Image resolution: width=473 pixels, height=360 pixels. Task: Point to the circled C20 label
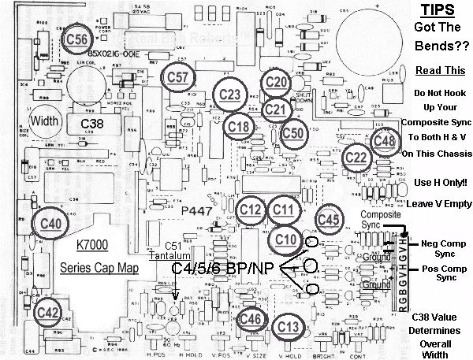276,81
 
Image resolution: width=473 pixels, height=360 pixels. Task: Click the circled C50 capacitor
294,132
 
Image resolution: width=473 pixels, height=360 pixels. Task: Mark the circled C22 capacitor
357,157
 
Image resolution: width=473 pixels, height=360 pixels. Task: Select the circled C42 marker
48,311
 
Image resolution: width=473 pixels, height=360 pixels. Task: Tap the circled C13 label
289,326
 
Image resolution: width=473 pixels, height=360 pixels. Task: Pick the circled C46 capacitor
251,318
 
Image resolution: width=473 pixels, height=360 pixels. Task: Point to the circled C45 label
329,219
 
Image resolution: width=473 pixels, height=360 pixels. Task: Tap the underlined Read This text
436,69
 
